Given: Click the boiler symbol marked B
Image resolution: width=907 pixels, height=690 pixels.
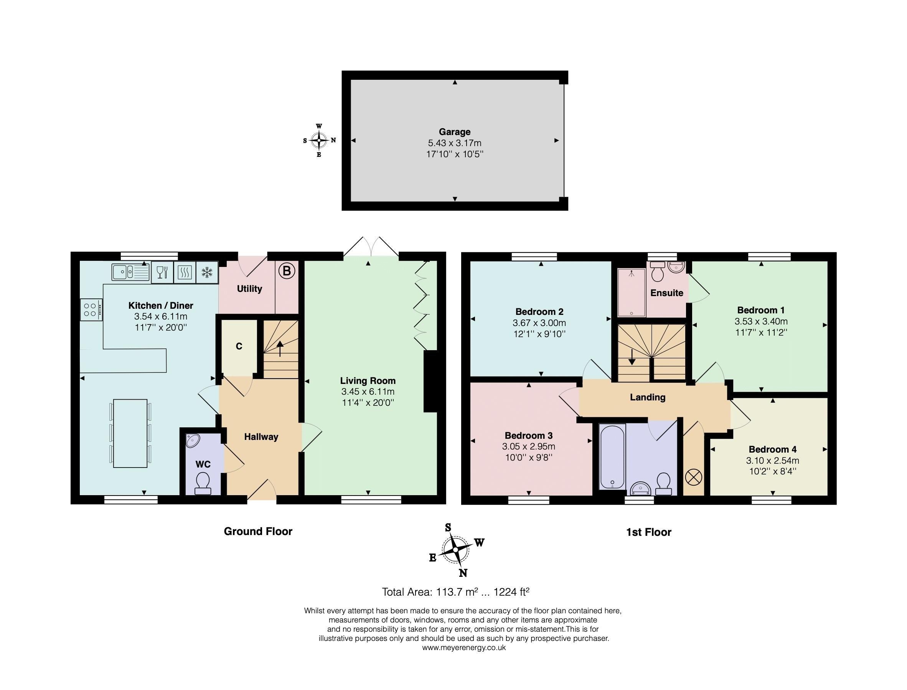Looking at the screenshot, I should click(x=287, y=271).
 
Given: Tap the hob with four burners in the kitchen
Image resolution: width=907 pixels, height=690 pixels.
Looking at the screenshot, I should click(x=91, y=310).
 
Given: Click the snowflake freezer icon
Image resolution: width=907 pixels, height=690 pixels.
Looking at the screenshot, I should click(x=207, y=272).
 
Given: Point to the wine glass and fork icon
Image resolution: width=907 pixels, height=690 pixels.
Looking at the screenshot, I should click(x=163, y=272).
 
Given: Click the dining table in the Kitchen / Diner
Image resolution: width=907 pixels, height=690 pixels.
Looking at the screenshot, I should click(x=130, y=433).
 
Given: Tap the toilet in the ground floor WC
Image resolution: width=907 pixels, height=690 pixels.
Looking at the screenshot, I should click(x=203, y=483).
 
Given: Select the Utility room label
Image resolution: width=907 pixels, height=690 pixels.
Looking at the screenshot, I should click(x=249, y=289).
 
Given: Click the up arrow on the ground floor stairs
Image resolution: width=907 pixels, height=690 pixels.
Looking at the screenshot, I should click(x=280, y=348).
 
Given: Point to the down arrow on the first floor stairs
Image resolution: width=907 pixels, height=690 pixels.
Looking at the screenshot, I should click(x=632, y=356).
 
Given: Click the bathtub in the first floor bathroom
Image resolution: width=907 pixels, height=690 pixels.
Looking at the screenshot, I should click(x=612, y=457).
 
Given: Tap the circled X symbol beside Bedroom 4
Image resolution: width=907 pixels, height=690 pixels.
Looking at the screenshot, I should click(x=694, y=477).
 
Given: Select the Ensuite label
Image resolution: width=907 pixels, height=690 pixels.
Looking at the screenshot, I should click(x=667, y=293).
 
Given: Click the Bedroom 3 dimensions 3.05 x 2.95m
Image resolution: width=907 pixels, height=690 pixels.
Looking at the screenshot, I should click(x=528, y=446).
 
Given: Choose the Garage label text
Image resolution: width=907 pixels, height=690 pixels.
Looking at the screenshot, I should click(x=454, y=132).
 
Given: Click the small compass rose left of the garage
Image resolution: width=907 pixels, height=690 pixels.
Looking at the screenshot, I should click(x=319, y=140).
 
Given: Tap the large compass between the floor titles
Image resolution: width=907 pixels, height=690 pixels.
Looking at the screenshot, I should click(x=456, y=549).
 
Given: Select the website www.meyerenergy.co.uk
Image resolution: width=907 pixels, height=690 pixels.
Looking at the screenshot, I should click(x=464, y=648).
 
